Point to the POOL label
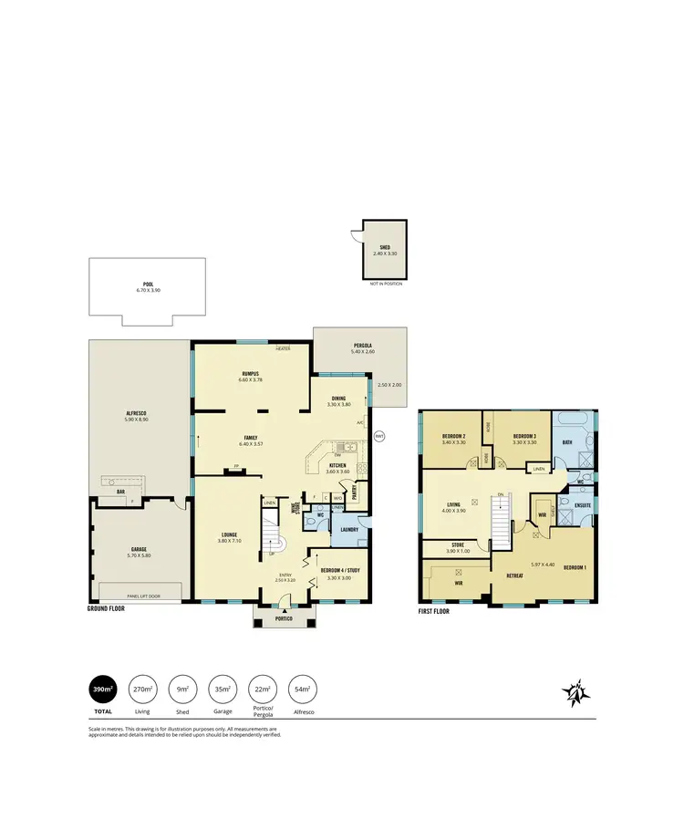142,285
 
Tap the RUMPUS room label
251,373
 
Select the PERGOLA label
363,346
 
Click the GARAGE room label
140,551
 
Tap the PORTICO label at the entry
285,619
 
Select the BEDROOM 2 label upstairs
454,436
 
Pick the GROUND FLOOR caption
106,607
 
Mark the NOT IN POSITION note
386,284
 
